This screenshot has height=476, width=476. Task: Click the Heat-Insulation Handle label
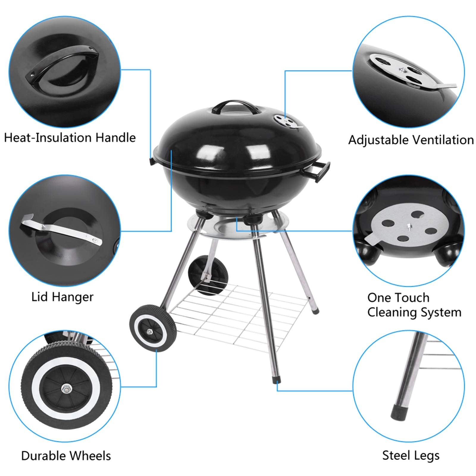point(70,138)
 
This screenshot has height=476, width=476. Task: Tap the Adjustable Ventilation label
point(411,140)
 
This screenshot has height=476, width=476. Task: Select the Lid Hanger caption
point(62,297)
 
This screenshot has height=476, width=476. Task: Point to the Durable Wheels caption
point(66,456)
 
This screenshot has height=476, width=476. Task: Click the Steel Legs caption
point(411,455)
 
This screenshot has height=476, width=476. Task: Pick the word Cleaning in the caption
point(396,312)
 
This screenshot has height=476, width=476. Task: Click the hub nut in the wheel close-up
point(65,388)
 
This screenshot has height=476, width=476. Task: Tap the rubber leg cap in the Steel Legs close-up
point(398,412)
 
